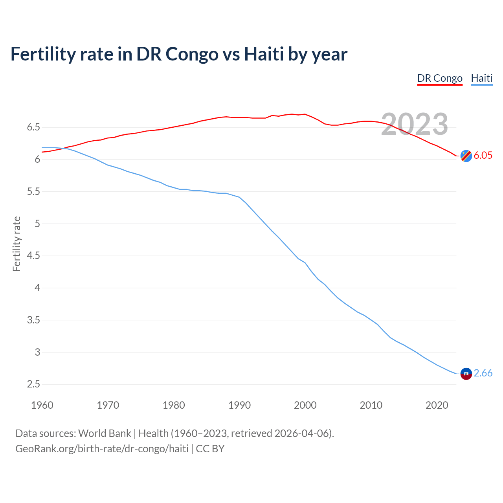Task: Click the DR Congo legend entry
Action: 440,78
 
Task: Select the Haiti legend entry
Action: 481,78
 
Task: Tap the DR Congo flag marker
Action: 466,156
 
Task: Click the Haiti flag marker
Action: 466,373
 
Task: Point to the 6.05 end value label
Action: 483,156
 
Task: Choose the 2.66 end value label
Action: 483,373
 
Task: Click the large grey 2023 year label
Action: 415,124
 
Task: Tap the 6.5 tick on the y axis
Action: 33,127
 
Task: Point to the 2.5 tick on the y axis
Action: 33,384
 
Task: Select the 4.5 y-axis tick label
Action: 33,256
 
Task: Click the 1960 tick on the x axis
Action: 42,405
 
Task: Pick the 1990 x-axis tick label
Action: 239,405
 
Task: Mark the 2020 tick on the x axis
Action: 437,405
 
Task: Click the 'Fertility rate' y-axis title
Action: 17,244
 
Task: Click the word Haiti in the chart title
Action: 264,54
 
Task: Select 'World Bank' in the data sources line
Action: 105,433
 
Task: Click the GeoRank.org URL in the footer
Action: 102,449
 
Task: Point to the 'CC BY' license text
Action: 210,449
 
